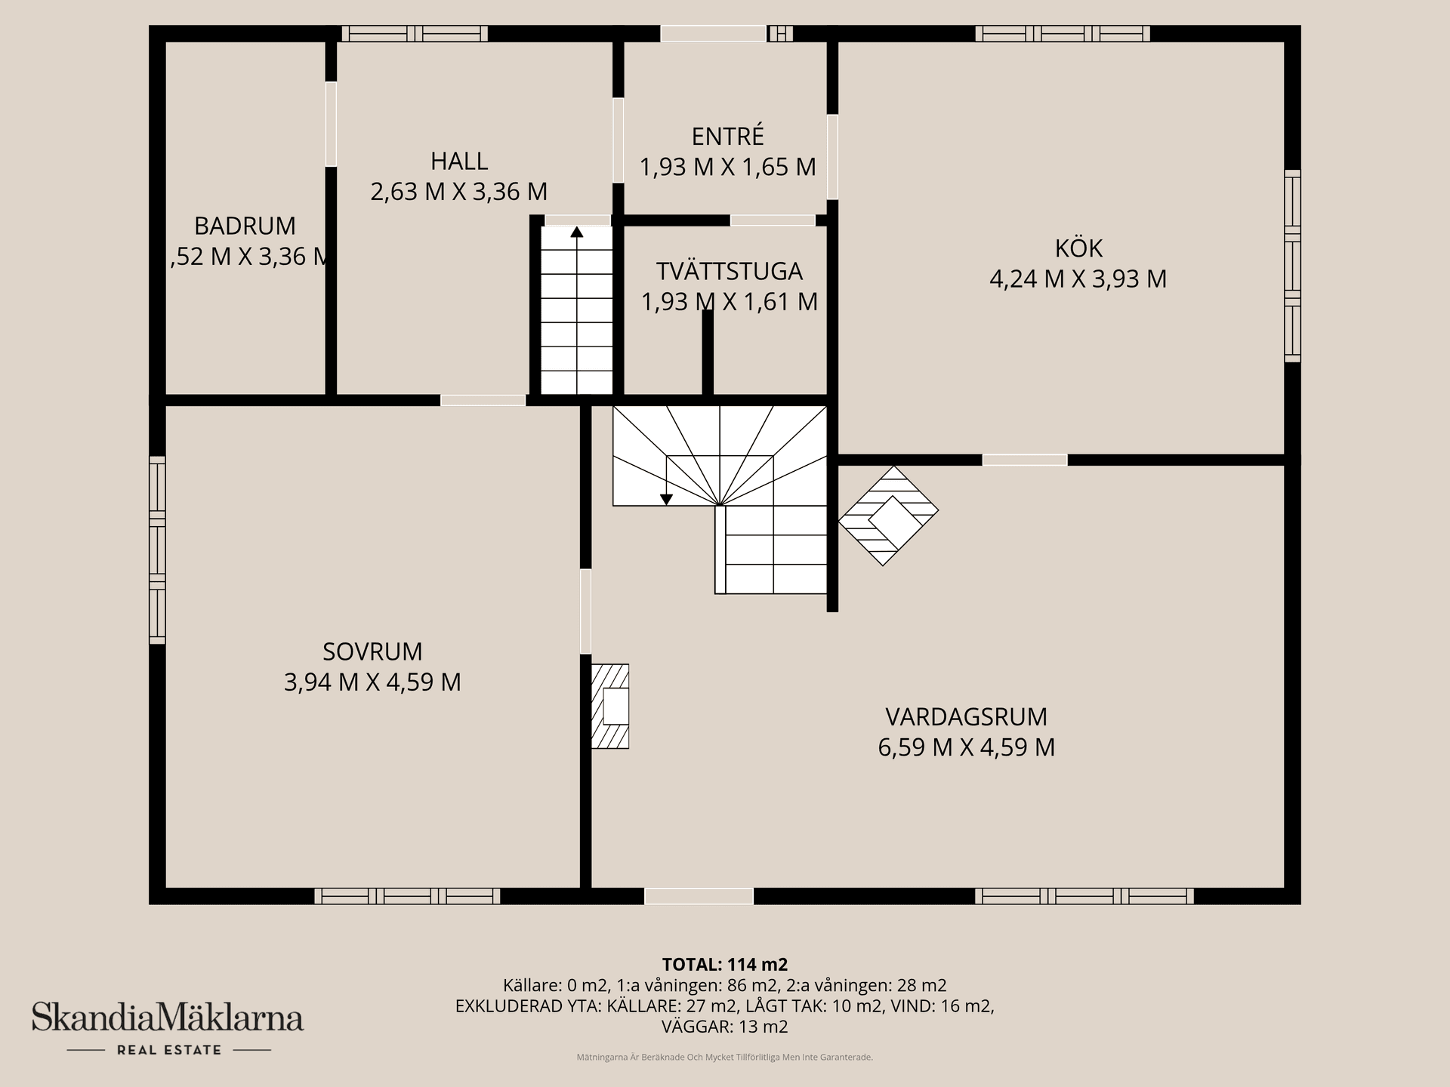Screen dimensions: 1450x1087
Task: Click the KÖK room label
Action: [x=1078, y=248]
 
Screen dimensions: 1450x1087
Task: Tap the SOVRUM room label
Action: [x=372, y=651]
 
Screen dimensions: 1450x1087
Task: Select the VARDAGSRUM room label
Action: [x=966, y=716]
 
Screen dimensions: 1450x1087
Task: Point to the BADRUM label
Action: [x=245, y=226]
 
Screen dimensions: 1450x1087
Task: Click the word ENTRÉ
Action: [x=728, y=136]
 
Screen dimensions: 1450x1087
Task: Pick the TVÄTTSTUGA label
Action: [x=729, y=271]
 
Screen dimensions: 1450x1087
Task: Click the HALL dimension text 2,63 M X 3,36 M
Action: [x=459, y=192]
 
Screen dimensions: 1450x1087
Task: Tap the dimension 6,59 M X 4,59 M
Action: [x=966, y=747]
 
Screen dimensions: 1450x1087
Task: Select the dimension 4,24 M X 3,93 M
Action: [x=1078, y=279]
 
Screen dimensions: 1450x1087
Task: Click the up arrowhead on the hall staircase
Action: [x=577, y=232]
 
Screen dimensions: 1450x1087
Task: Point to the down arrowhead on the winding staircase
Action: [x=666, y=499]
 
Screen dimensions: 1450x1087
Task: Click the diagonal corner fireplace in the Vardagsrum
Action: [x=888, y=516]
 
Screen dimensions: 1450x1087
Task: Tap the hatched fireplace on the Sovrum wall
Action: [x=609, y=707]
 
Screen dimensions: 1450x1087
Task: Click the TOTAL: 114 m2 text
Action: [x=725, y=964]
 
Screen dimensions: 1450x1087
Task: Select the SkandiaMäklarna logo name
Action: [x=168, y=1017]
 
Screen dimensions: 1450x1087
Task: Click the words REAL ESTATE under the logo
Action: [x=169, y=1050]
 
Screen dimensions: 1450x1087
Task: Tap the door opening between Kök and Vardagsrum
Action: [x=1025, y=460]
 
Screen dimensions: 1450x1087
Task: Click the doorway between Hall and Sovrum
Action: [x=483, y=400]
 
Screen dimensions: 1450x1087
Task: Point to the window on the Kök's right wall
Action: [x=1293, y=266]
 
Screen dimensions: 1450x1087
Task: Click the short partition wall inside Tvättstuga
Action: [x=708, y=353]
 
